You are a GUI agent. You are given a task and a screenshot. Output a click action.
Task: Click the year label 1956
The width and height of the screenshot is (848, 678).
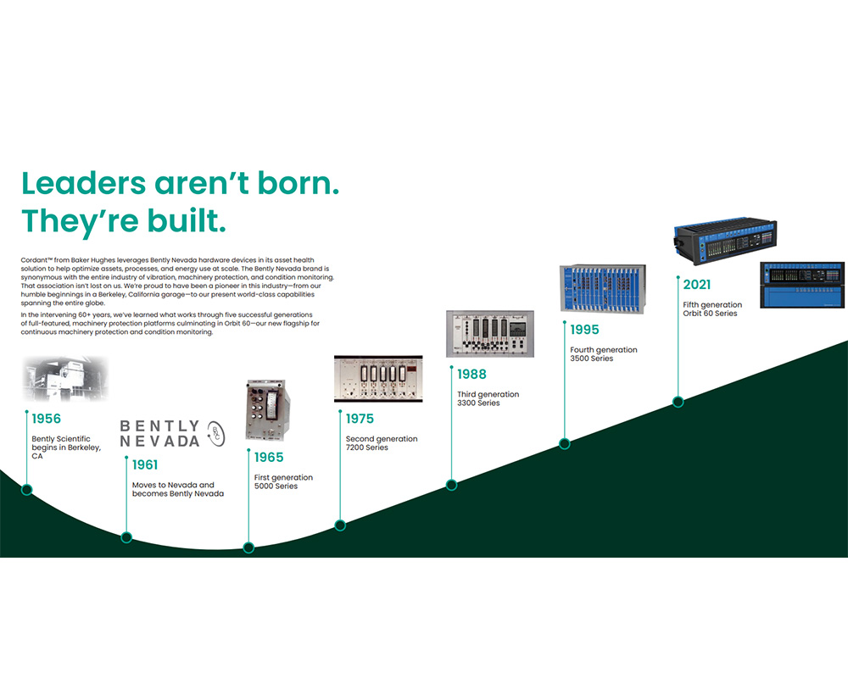(x=46, y=419)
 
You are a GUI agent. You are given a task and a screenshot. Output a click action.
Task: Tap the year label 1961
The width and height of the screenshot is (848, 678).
(x=145, y=465)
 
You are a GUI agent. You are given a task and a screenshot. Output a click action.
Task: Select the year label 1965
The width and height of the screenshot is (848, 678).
(x=269, y=458)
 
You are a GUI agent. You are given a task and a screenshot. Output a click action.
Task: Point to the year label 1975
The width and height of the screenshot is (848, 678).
(x=360, y=419)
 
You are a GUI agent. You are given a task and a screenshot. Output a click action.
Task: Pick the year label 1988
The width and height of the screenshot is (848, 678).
(x=471, y=374)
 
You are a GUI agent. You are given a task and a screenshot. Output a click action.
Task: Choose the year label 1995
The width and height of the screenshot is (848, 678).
(x=584, y=330)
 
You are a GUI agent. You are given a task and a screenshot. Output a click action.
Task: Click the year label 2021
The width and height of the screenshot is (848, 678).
(x=696, y=285)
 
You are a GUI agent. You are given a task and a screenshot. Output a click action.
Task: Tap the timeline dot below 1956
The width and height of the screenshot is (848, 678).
(x=26, y=490)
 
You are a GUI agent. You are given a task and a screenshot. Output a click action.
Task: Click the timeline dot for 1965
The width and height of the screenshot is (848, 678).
(x=248, y=547)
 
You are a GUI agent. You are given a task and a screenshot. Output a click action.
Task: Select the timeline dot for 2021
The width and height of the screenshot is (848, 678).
(x=678, y=402)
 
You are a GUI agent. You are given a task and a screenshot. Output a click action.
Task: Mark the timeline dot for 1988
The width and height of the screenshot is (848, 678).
(x=452, y=485)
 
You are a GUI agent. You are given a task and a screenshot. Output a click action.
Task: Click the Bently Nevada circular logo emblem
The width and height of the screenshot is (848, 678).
(x=216, y=434)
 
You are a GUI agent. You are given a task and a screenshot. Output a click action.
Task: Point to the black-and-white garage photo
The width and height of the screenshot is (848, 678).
(x=65, y=379)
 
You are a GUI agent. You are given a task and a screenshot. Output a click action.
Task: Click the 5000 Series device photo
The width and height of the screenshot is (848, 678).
(x=268, y=410)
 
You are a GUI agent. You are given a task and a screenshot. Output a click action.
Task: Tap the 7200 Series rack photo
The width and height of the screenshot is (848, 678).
(x=378, y=379)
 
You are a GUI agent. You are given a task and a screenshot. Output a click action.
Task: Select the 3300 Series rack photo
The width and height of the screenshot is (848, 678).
(x=490, y=334)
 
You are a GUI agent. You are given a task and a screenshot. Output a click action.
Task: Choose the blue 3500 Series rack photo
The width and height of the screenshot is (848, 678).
(x=603, y=289)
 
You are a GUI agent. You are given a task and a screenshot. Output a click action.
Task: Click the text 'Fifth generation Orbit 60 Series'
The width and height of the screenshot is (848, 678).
(x=712, y=308)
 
